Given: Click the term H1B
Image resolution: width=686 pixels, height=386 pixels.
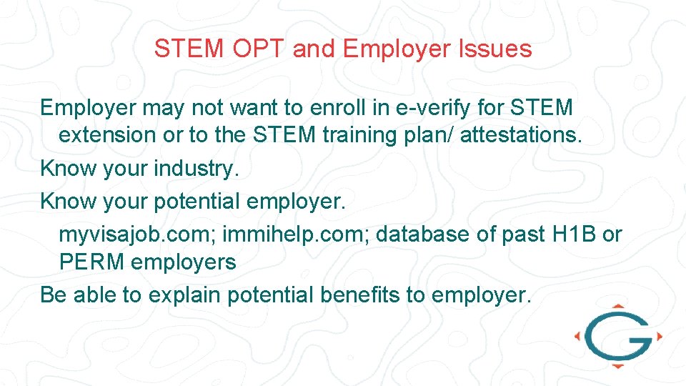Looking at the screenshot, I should (574, 234).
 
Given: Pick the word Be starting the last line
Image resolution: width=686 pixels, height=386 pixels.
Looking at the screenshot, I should (53, 295).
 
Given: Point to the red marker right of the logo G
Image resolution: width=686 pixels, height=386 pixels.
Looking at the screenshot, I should (659, 336).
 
